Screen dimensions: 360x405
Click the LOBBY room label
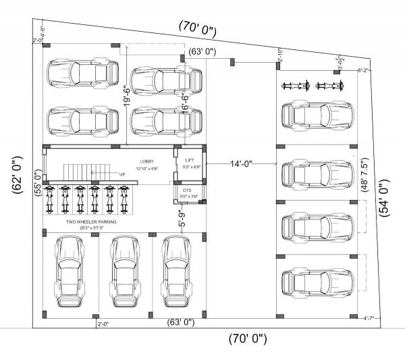click(x=147, y=162)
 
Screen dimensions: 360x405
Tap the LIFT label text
click(x=190, y=161)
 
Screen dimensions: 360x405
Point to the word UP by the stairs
click(x=122, y=174)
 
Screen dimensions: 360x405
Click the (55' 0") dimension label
click(x=38, y=181)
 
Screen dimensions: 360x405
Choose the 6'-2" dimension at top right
click(x=362, y=70)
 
